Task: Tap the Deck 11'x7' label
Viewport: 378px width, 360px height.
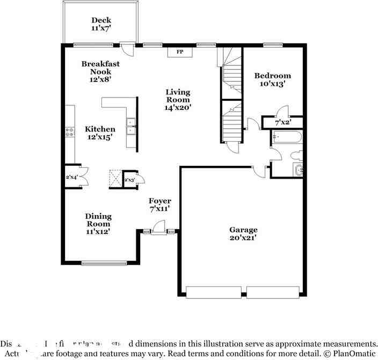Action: point(101,25)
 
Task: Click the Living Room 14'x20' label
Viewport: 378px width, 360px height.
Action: point(178,99)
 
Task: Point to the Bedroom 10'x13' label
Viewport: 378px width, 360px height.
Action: point(273,79)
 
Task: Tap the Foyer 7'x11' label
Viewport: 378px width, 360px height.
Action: point(160,204)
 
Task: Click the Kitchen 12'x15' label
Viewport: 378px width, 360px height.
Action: point(100,133)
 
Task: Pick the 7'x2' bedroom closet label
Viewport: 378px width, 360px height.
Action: point(283,122)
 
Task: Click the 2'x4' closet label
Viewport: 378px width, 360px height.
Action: point(71,177)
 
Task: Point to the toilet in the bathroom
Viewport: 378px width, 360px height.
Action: point(297,156)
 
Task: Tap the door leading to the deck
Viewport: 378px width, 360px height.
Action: point(127,49)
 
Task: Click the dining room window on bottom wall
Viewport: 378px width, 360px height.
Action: point(104,263)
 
